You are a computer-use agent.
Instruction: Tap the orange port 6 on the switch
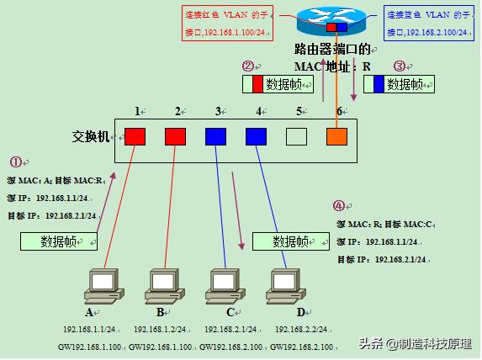point(336,136)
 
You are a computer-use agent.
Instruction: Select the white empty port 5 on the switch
point(296,136)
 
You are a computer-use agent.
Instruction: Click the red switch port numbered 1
point(135,136)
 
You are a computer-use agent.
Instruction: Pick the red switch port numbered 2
point(175,136)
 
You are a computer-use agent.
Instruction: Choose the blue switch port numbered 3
point(216,136)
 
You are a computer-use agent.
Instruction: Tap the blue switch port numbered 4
point(257,136)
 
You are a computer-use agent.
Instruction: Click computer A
point(102,286)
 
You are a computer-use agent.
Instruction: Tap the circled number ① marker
point(16,161)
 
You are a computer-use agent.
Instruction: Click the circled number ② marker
point(247,66)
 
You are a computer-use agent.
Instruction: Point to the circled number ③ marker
point(400,66)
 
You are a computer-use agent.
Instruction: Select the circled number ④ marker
point(338,205)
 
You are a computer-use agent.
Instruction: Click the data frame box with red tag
point(278,84)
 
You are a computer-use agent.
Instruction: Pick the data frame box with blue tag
point(399,84)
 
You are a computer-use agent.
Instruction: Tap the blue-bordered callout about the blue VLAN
point(427,24)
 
